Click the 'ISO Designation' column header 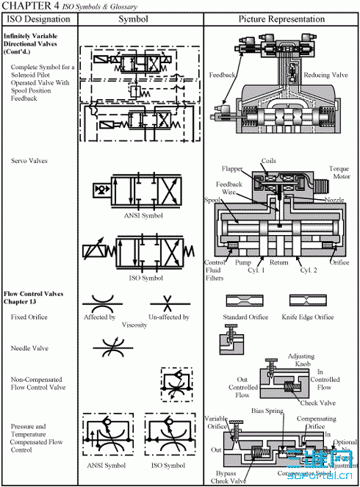[x=39, y=19]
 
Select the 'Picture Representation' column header [x=281, y=19]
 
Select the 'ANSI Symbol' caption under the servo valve [x=139, y=215]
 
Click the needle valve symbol [x=107, y=345]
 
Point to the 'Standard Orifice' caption [x=246, y=317]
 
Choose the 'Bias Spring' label [x=267, y=411]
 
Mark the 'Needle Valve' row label [x=30, y=348]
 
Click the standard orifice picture [x=245, y=302]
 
